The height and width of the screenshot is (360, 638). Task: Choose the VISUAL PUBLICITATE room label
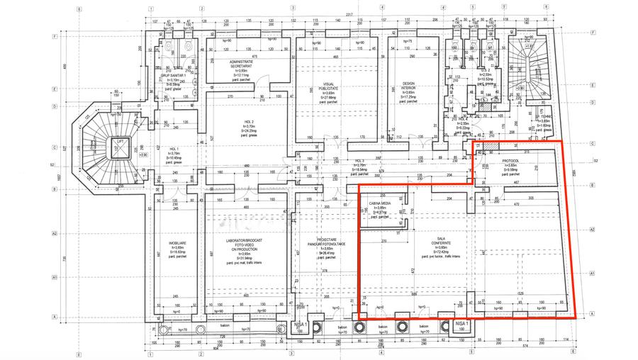click(x=328, y=85)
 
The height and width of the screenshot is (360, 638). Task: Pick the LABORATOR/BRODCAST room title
click(x=242, y=241)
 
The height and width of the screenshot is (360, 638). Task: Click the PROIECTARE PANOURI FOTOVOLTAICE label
click(x=328, y=241)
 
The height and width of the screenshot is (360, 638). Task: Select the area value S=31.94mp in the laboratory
click(x=242, y=258)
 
